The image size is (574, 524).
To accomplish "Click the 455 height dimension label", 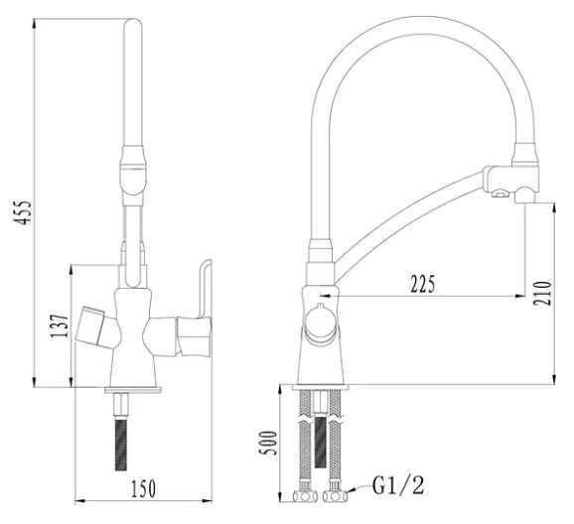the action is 23,212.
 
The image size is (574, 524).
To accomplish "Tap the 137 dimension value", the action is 60,327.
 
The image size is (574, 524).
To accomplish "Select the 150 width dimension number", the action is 143,488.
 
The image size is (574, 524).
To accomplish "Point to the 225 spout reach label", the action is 423,284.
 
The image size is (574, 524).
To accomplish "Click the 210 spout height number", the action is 542,293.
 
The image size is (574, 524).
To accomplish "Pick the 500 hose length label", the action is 268,443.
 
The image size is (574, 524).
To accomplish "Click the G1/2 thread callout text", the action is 398,485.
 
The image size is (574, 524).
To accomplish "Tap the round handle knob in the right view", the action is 321,324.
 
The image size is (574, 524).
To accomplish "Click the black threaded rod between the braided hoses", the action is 320,442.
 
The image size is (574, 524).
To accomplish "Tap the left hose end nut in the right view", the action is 305,496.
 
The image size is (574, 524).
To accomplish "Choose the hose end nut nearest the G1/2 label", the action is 335,496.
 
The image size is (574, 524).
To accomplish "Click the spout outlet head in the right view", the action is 511,182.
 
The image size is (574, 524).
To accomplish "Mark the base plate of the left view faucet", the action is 133,389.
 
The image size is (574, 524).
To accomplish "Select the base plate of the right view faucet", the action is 321,387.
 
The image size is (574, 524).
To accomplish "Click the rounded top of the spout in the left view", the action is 133,26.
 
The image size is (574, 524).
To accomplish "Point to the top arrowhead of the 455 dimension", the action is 35,24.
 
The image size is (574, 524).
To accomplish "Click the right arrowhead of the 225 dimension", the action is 520,296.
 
